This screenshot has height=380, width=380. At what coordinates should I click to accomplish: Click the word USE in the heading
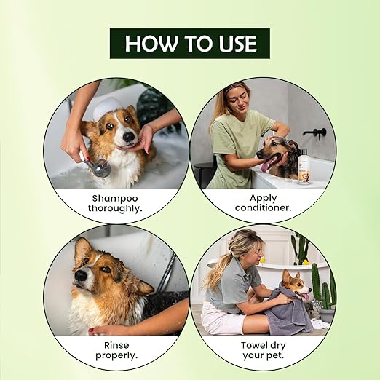pos(238,44)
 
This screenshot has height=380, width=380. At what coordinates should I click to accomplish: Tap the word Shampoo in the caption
pos(115,199)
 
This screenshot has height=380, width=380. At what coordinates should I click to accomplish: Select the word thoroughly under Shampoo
pos(115,208)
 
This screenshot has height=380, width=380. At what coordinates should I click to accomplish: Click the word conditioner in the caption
pos(264,208)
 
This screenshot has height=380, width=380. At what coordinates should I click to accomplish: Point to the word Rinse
pos(116,345)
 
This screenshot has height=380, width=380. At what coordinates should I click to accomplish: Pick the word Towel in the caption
pos(253,345)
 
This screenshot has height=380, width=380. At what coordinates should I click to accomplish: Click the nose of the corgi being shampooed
pos(129,138)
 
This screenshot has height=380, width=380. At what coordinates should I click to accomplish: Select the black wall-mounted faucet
pos(315,133)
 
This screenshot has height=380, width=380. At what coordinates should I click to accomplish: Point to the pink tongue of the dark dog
pos(266,166)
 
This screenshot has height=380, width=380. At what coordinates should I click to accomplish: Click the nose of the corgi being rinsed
pos(81,276)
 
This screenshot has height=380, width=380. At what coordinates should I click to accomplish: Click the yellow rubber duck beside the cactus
pos(305,262)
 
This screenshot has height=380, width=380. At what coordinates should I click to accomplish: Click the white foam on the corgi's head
pos(107,107)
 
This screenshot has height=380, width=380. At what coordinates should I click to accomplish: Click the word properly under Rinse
pos(116,356)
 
